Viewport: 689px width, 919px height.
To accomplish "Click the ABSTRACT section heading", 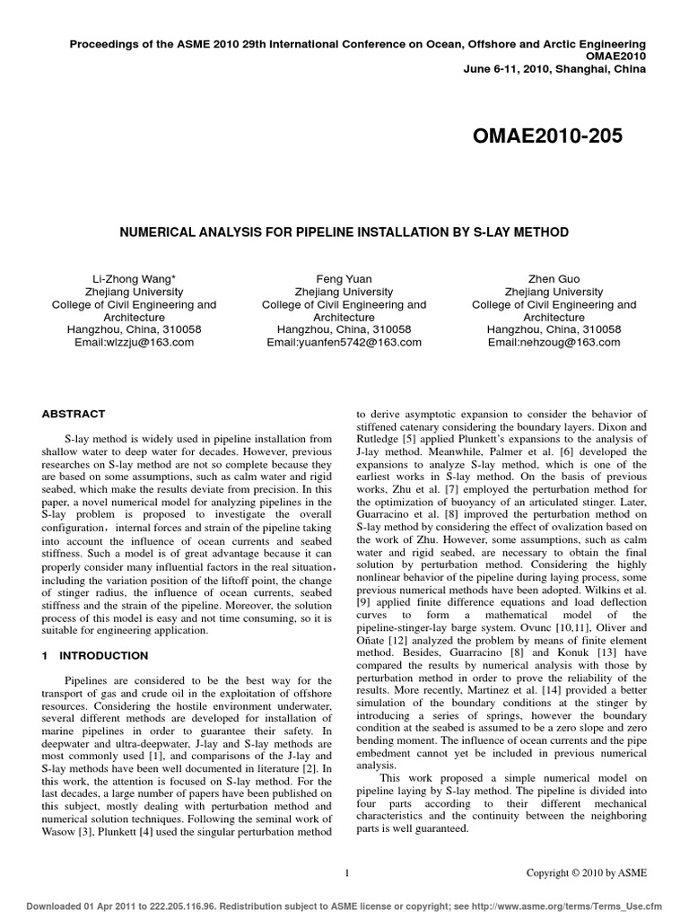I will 74,414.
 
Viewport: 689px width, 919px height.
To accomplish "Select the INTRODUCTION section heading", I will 103,656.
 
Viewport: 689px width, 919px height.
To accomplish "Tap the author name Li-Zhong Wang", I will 135,279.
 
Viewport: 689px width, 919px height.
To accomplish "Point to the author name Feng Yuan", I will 344,279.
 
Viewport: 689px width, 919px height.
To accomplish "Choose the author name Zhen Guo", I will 554,279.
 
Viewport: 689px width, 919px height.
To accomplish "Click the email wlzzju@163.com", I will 135,342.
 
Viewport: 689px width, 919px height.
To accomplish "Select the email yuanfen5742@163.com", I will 344,342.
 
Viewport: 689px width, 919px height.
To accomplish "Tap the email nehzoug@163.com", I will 554,342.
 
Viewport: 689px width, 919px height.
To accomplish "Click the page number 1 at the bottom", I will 347,872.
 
